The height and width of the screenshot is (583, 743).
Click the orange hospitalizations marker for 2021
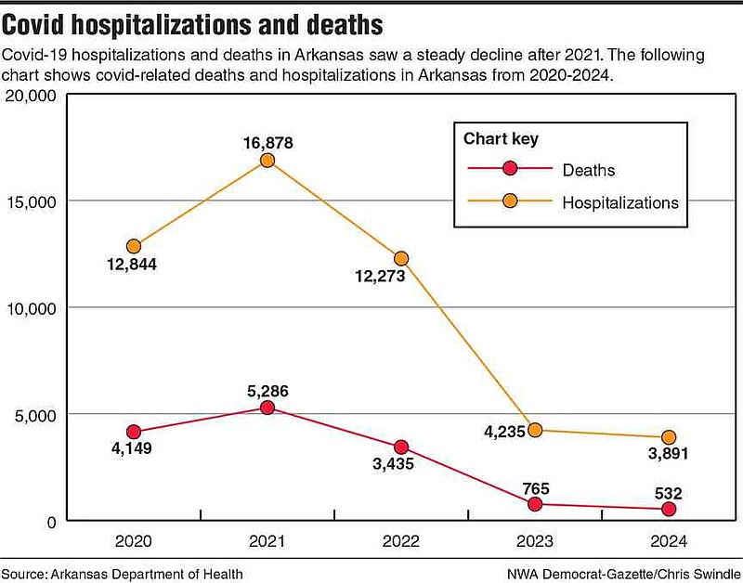click(x=267, y=161)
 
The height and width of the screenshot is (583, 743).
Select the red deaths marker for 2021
click(x=267, y=408)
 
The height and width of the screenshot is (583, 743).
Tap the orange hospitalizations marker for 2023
click(x=535, y=430)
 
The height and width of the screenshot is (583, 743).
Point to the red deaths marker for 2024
click(x=669, y=510)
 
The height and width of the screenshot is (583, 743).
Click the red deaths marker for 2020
click(x=135, y=432)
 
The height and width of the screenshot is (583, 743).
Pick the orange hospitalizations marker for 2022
click(x=401, y=258)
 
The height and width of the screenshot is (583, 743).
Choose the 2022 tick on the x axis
click(x=401, y=540)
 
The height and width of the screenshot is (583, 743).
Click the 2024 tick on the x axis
click(x=669, y=540)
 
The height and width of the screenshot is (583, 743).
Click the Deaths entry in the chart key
click(x=588, y=170)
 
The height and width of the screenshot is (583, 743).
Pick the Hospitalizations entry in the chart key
click(x=620, y=201)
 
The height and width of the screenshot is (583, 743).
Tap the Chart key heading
click(x=501, y=139)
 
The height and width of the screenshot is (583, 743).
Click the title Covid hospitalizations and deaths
click(x=191, y=22)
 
